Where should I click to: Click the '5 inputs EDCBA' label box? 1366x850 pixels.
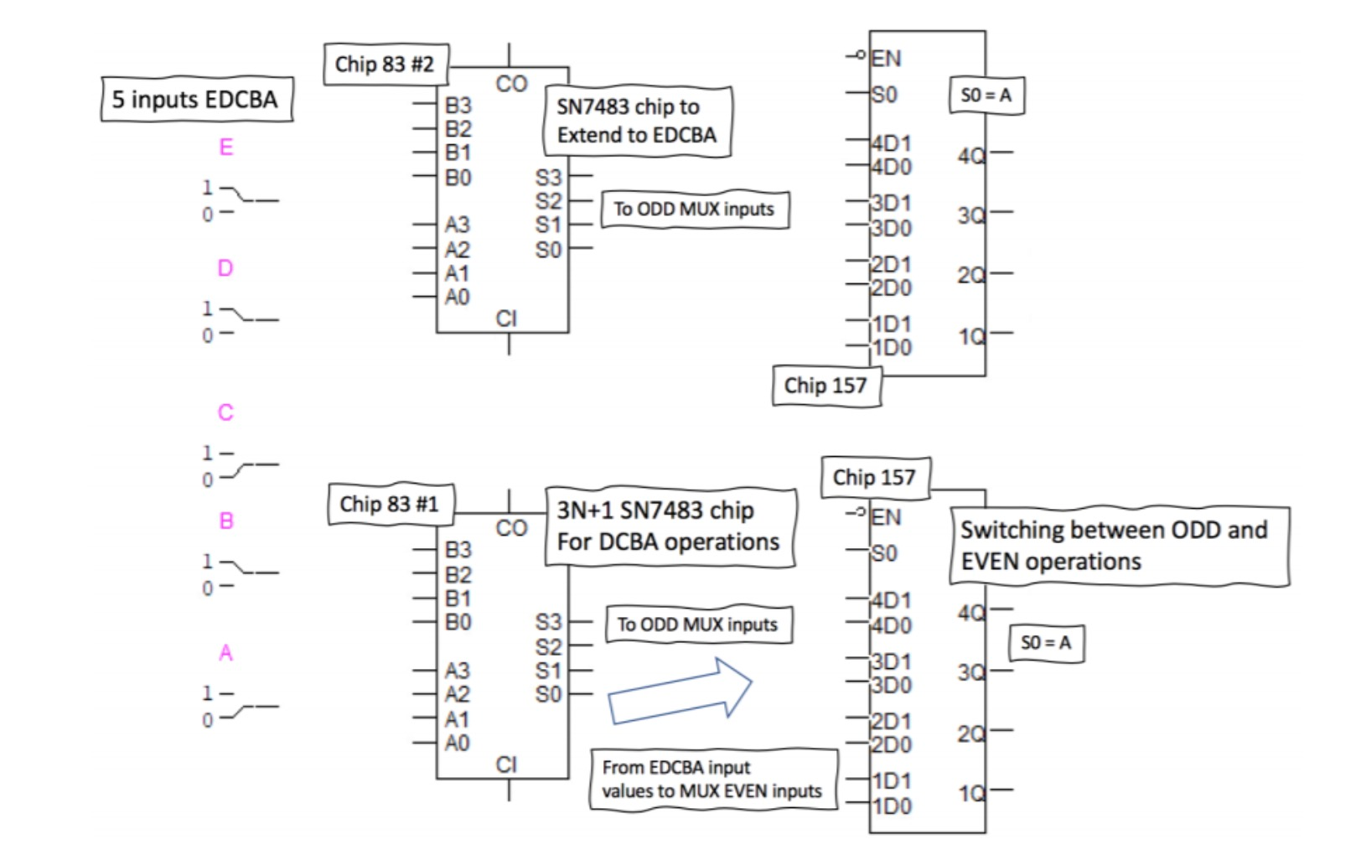tap(196, 100)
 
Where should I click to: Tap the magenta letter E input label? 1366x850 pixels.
tap(225, 148)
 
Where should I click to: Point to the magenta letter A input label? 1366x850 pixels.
tap(225, 652)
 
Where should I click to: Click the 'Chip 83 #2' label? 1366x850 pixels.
tap(385, 65)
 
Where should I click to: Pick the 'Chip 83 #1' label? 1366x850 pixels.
tap(389, 505)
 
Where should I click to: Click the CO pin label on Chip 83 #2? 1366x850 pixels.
tap(511, 84)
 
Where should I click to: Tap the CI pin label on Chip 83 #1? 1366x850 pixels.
tap(506, 764)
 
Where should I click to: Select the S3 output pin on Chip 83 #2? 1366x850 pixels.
tap(549, 178)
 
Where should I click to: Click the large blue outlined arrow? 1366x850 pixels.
tap(679, 692)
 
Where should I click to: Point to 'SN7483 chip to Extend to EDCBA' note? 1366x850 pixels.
tap(637, 121)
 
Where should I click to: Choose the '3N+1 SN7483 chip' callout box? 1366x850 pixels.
tap(669, 526)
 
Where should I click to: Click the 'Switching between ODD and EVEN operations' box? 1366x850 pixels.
tap(1118, 546)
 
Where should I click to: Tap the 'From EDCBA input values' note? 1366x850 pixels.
tap(712, 780)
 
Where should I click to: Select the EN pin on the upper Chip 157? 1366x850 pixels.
tap(885, 59)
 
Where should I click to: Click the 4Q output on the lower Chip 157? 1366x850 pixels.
tap(972, 613)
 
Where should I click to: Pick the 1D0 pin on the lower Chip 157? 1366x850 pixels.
tap(892, 806)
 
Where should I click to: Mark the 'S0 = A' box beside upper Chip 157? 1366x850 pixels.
tap(986, 96)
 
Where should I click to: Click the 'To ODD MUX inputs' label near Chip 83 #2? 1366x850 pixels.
tap(694, 210)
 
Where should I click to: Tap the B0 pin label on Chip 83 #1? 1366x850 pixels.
tap(458, 622)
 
